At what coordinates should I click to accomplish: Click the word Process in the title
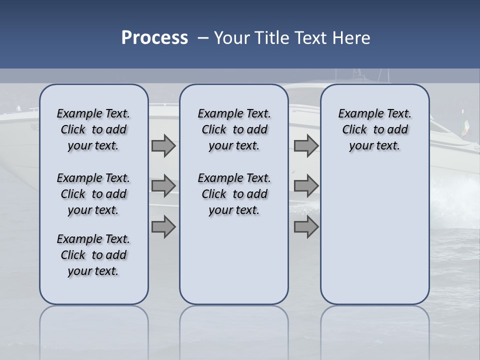pyautogui.click(x=154, y=38)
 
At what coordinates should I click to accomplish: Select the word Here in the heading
pyautogui.click(x=352, y=38)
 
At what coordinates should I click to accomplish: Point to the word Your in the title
pyautogui.click(x=231, y=38)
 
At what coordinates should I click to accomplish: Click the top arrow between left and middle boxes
pyautogui.click(x=163, y=146)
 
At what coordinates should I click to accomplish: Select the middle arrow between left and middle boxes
pyautogui.click(x=163, y=186)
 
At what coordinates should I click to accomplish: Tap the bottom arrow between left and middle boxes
pyautogui.click(x=163, y=227)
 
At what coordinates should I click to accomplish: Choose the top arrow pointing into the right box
pyautogui.click(x=306, y=146)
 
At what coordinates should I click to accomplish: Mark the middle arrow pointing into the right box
pyautogui.click(x=306, y=186)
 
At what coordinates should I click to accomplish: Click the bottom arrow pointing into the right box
pyautogui.click(x=306, y=227)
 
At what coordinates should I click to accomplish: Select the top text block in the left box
pyautogui.click(x=93, y=129)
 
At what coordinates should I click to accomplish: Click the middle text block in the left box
pyautogui.click(x=93, y=194)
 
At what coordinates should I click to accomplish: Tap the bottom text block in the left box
pyautogui.click(x=93, y=255)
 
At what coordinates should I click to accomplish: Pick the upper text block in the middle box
pyautogui.click(x=234, y=129)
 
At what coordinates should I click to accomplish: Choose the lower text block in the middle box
pyautogui.click(x=234, y=194)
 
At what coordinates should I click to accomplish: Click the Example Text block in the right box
pyautogui.click(x=374, y=129)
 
